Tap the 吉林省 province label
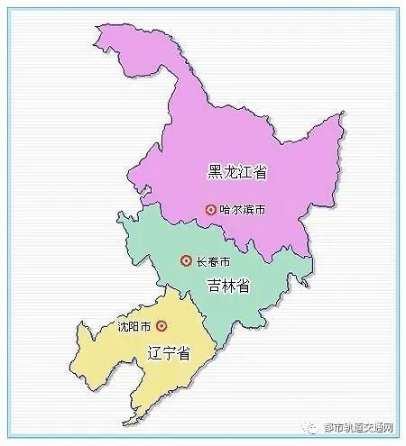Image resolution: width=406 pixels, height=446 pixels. (227, 286)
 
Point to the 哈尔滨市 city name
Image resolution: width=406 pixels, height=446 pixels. (244, 209)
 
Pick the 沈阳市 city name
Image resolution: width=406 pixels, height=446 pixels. (134, 325)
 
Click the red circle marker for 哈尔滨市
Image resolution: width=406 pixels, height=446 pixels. (211, 209)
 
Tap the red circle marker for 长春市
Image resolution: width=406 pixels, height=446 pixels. (186, 261)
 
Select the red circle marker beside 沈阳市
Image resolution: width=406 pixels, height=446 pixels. (161, 325)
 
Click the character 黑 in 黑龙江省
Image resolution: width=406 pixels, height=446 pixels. (213, 171)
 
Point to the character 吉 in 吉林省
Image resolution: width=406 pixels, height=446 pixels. (212, 286)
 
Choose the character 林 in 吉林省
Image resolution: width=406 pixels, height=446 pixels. (227, 286)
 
